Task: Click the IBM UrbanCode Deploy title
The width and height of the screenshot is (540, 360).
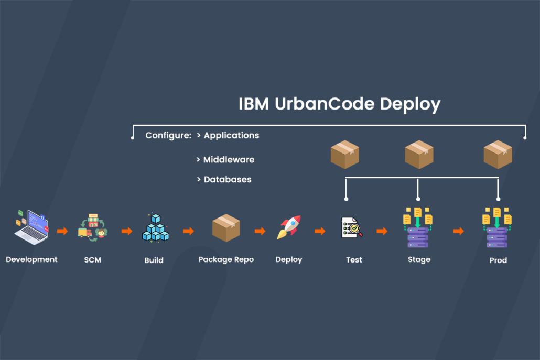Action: click(339, 104)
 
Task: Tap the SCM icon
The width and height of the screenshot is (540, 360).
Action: click(93, 228)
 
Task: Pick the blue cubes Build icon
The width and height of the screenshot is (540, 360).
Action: click(155, 228)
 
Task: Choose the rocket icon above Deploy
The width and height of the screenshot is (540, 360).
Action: click(289, 228)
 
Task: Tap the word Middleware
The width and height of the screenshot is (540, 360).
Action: click(229, 159)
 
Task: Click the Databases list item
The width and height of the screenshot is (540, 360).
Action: click(227, 179)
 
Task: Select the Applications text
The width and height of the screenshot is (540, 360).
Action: click(231, 135)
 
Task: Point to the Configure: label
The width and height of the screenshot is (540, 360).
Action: click(168, 135)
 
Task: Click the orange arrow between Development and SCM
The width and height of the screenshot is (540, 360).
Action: click(62, 231)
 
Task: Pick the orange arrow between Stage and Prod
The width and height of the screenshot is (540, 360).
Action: click(458, 231)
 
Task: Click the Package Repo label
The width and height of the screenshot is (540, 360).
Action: click(226, 259)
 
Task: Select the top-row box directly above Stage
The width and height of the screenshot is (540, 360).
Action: click(418, 155)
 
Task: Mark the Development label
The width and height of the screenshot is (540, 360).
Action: click(32, 259)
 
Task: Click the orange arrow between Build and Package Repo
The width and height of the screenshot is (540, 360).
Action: click(188, 231)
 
